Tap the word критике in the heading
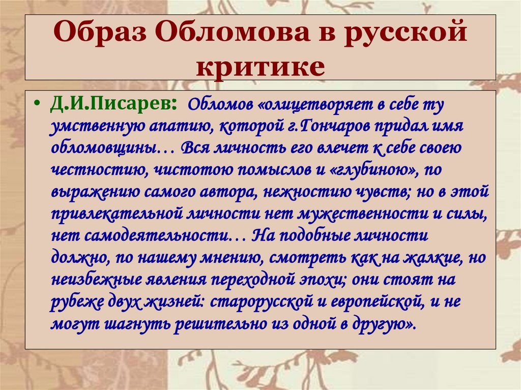coord(260,66)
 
